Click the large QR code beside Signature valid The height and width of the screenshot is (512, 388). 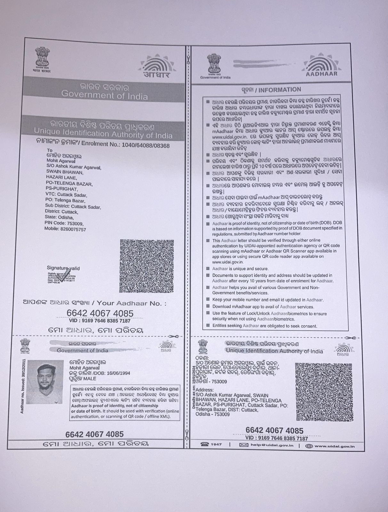pos(147,266)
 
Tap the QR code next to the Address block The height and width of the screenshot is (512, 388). pos(324,392)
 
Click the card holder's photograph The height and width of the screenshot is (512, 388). pos(45,382)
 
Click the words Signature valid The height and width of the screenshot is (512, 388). pos(63,268)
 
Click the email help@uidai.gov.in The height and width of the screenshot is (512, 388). pos(272,445)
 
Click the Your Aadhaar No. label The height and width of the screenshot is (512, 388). pos(132,303)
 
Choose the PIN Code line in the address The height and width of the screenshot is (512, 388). pos(64,223)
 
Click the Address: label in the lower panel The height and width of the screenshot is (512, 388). pos(205,390)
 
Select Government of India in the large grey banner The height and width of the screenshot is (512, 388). pos(104,95)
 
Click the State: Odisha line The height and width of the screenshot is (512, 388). pos(59,218)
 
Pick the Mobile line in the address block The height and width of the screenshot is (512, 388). pos(65,229)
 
